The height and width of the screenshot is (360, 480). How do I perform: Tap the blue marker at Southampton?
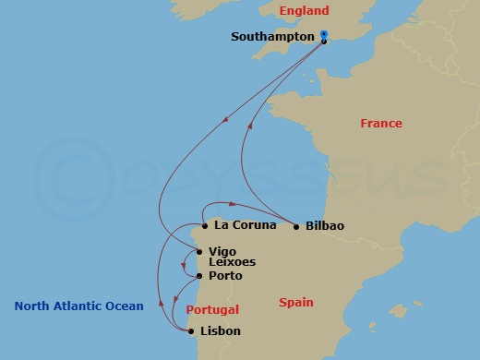pos(324,35)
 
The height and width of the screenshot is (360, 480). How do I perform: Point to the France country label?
pos(382,124)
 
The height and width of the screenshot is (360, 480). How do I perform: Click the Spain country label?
pos(295,302)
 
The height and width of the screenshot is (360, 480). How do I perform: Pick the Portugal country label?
pos(212,310)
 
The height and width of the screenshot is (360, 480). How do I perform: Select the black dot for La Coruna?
pos(204,225)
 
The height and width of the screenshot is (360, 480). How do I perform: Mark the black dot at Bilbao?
pos(295,225)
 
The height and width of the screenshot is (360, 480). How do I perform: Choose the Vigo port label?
pos(222,250)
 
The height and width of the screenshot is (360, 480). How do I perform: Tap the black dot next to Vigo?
pos(199,251)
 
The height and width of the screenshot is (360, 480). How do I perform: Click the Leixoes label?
pos(233,262)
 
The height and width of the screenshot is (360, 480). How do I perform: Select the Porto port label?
pos(226,276)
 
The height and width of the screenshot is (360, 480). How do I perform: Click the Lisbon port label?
pos(222,330)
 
